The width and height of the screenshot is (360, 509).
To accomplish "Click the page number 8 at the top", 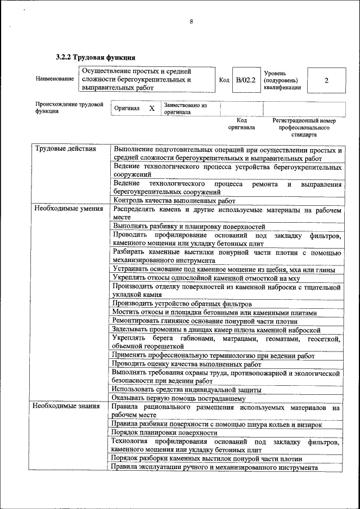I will point(191,22).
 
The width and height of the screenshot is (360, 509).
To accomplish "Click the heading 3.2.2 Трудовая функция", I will point(95,57).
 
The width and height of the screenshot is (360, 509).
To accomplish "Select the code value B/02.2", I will point(246,80).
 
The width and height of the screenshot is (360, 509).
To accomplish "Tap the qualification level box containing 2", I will point(326,80).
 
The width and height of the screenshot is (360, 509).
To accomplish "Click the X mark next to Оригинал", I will point(151,108).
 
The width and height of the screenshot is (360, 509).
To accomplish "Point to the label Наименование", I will point(55,79).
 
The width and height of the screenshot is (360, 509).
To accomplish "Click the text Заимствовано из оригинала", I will point(186,108).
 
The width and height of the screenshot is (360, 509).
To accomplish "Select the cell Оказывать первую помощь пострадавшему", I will point(178,398).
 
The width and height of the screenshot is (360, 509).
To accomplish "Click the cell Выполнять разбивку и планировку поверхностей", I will point(189,226).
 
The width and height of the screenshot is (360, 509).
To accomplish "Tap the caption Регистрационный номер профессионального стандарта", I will point(304,128).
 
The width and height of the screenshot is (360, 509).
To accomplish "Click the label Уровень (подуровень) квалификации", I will point(282,80).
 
